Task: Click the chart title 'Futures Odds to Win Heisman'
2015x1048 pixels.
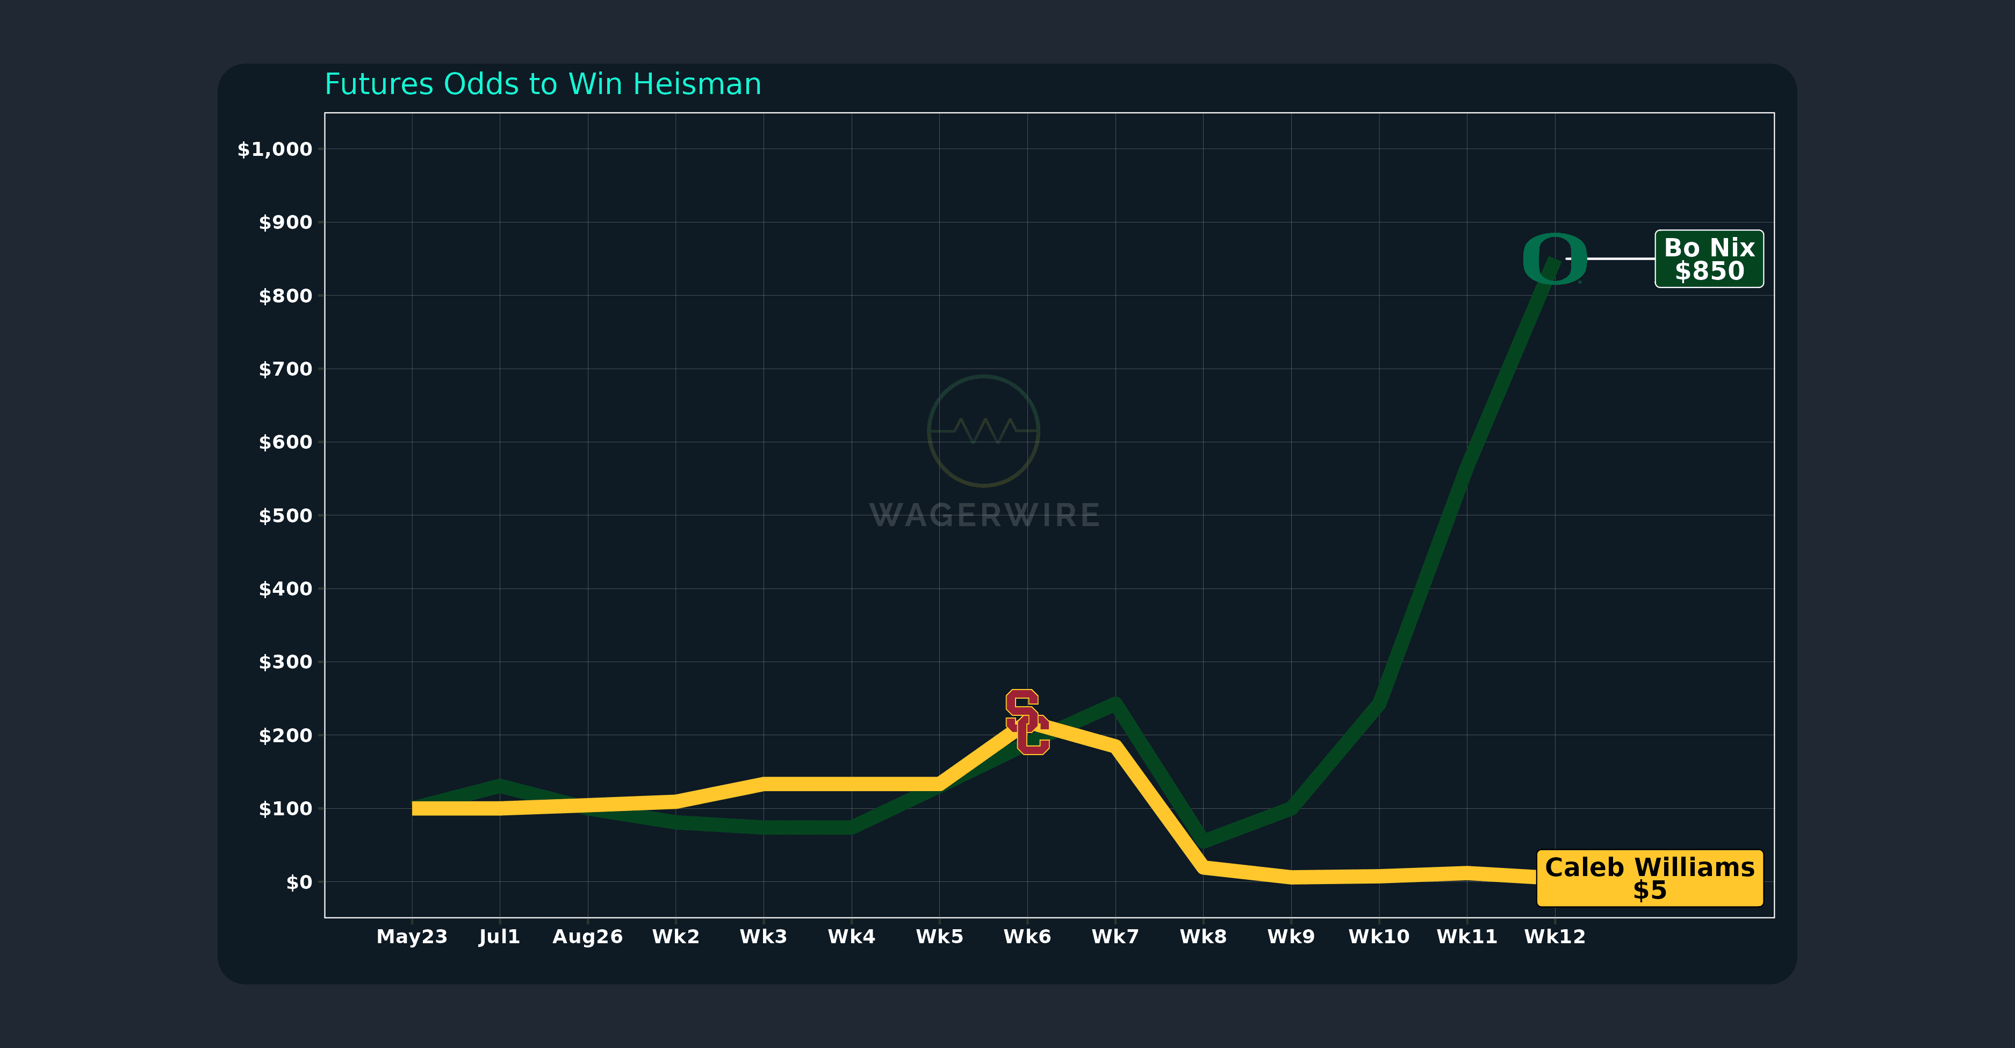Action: [543, 84]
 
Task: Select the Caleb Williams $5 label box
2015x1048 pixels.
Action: [1649, 878]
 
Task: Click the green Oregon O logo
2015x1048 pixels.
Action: [1555, 259]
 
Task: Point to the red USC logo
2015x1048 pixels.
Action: [1027, 722]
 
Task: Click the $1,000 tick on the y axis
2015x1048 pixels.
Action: [275, 149]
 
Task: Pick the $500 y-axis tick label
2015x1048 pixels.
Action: [285, 515]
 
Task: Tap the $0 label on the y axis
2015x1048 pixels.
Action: [299, 882]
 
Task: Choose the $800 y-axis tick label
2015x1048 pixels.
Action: [285, 296]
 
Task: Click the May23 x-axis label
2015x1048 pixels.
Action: [412, 937]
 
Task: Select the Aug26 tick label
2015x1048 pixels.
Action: [587, 937]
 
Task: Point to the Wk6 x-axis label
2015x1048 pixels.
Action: [1027, 937]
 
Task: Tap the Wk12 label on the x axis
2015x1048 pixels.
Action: [1555, 937]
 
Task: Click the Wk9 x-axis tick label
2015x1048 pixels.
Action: [1291, 937]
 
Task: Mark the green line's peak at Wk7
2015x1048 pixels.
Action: [1114, 704]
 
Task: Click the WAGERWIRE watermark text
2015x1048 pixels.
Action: [984, 516]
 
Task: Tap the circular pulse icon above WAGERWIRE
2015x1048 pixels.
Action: [983, 431]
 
